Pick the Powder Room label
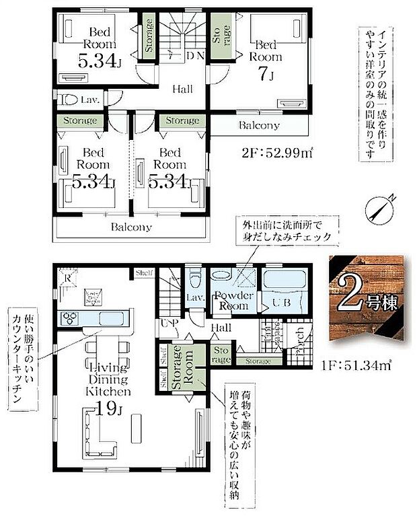click(x=233, y=301)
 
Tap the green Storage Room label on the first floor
click(x=182, y=365)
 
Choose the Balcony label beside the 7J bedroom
click(x=259, y=126)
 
